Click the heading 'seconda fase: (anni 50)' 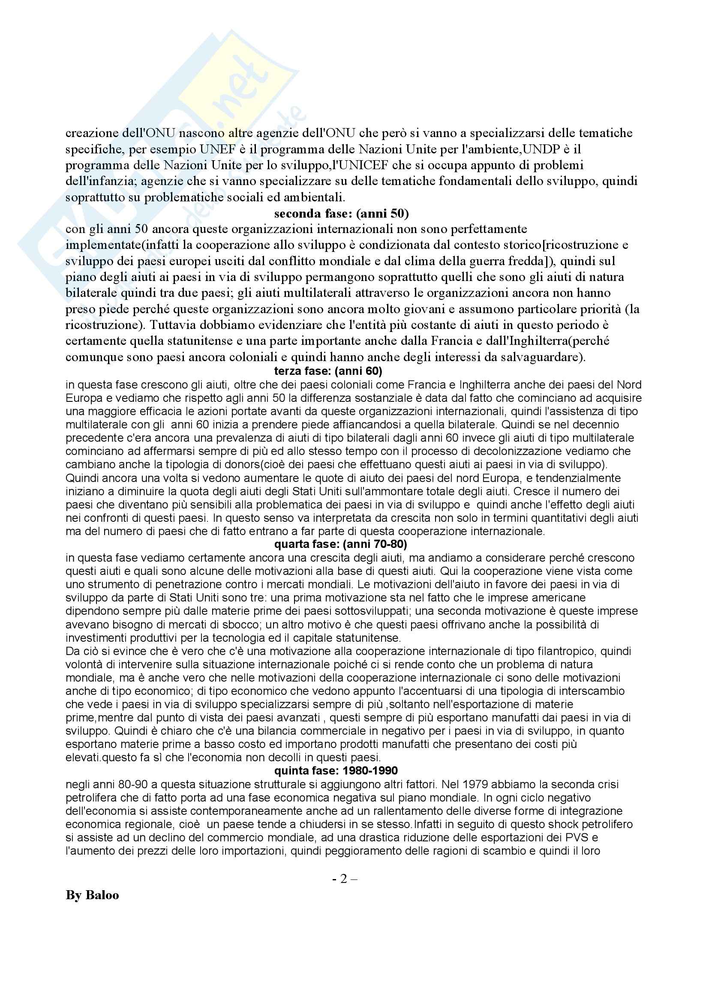click(x=341, y=214)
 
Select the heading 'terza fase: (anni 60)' click(x=328, y=371)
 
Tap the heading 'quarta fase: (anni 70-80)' click(x=340, y=544)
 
